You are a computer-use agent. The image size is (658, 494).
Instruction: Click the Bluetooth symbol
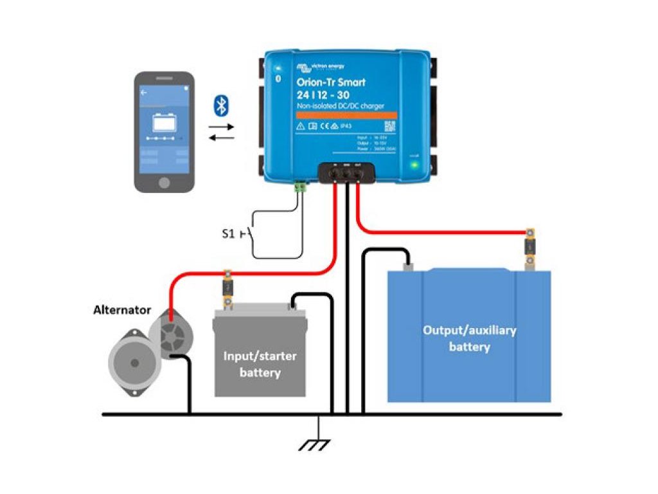(221, 105)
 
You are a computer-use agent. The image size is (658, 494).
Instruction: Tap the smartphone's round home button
(164, 182)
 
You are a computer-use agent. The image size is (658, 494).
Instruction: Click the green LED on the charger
(414, 165)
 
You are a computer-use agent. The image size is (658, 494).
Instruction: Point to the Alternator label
(121, 310)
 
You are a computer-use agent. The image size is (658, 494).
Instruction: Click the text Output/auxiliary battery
(469, 338)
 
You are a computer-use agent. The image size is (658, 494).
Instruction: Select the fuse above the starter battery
(227, 286)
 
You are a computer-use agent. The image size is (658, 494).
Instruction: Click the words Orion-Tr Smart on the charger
(331, 82)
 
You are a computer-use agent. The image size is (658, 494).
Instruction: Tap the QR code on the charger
(389, 125)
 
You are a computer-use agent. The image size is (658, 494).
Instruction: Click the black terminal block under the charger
(347, 172)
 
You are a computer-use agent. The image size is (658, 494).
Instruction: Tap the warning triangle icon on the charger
(301, 127)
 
